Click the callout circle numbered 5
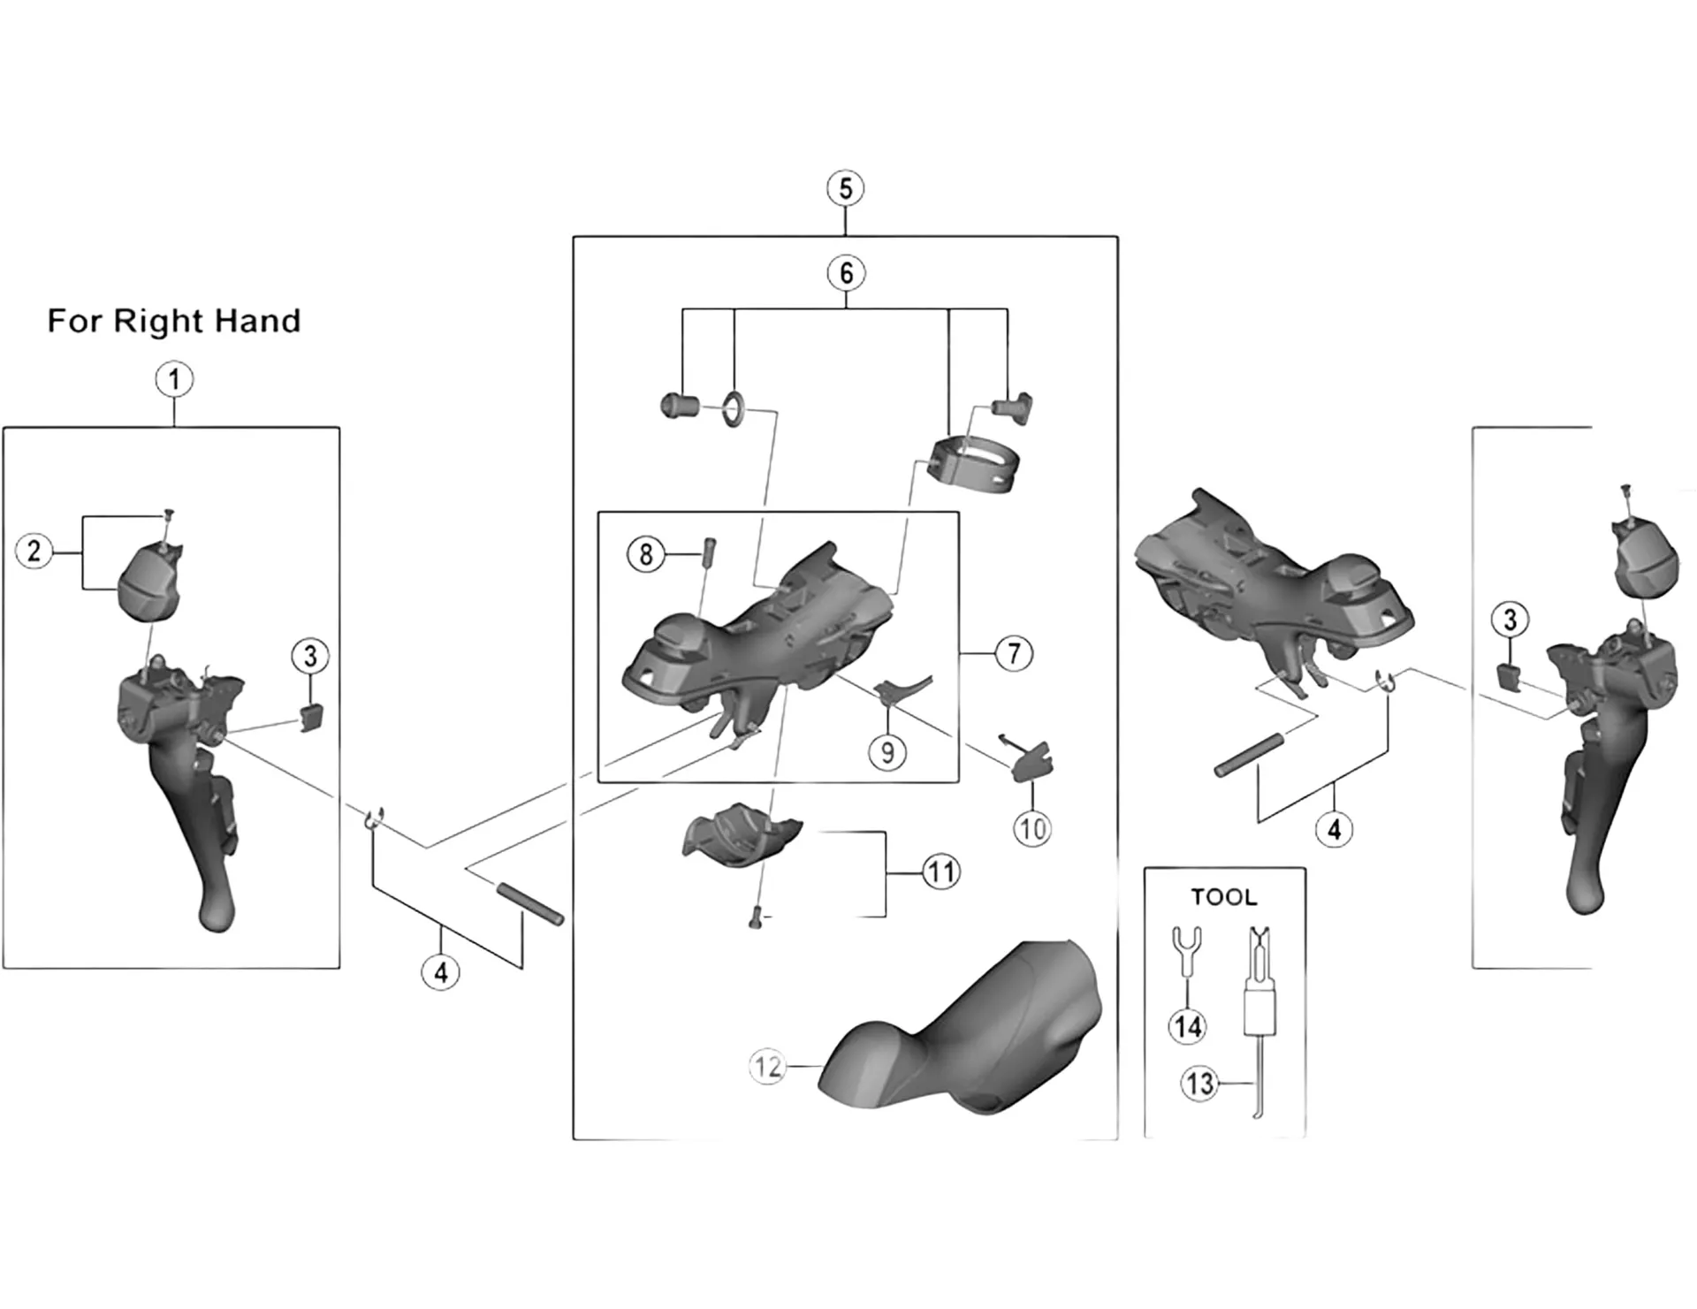(x=846, y=189)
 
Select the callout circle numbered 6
(x=846, y=273)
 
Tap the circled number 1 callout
(x=174, y=380)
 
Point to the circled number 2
(x=34, y=552)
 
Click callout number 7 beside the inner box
(x=1014, y=654)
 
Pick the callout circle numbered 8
(x=646, y=555)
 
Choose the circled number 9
(x=887, y=752)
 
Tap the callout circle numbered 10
(x=1032, y=829)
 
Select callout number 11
(x=940, y=872)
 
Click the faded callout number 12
(x=767, y=1067)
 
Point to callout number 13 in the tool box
(x=1200, y=1083)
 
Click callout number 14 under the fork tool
(x=1187, y=1026)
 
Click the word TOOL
(x=1223, y=897)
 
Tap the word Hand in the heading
(x=260, y=321)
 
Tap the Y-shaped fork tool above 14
(x=1184, y=950)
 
